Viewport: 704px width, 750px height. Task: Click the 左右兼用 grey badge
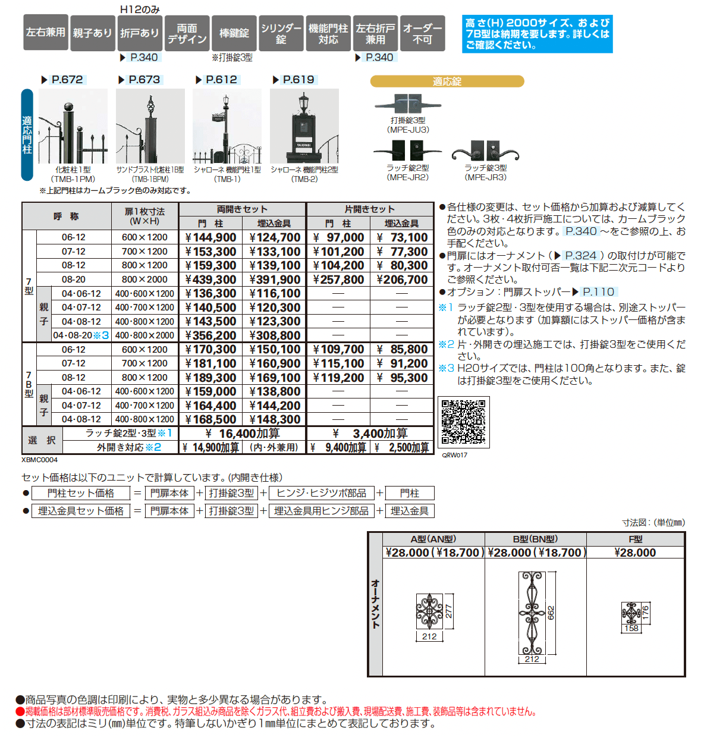(45, 33)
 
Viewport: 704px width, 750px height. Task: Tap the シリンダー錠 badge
(281, 33)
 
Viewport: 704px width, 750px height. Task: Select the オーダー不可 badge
(422, 33)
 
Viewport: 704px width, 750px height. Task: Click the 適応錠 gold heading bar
(447, 81)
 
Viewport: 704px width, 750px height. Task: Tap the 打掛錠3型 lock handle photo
(408, 104)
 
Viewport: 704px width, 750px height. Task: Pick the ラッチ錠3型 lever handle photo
(485, 152)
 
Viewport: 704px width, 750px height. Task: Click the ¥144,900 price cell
(210, 238)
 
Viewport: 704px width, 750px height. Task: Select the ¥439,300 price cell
(210, 280)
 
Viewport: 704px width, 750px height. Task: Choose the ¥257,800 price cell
(338, 280)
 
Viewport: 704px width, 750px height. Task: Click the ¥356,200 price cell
(210, 335)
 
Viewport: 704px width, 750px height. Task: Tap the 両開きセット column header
(242, 209)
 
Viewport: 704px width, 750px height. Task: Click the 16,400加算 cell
(242, 434)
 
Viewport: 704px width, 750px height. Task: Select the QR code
(464, 422)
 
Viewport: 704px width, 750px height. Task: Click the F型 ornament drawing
(631, 613)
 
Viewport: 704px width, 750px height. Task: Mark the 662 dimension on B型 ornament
(551, 613)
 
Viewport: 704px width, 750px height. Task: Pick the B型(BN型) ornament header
(535, 539)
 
